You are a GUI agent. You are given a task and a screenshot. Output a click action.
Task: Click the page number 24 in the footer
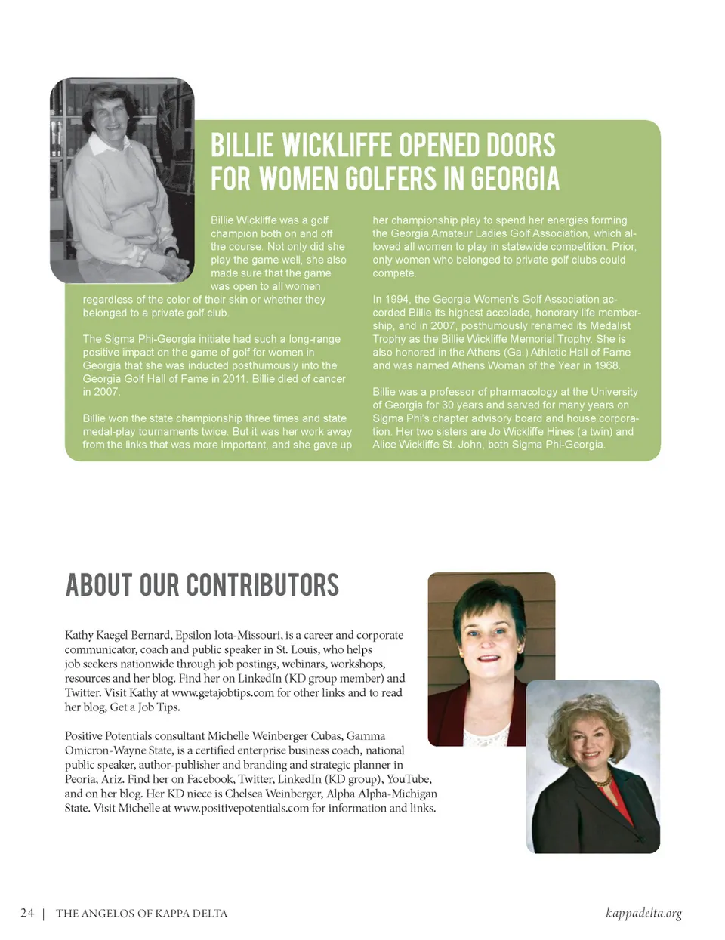(x=27, y=913)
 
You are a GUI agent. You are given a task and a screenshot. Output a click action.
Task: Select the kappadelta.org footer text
(x=643, y=913)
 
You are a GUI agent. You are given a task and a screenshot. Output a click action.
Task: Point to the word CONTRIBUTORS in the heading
(x=262, y=586)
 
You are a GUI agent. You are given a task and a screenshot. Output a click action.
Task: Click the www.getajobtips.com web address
(x=223, y=693)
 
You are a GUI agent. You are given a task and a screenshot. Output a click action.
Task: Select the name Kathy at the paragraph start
(x=79, y=635)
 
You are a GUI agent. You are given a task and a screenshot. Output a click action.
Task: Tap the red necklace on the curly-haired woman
(x=602, y=781)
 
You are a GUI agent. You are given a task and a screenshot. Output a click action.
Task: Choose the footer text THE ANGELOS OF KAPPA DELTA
(x=141, y=914)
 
